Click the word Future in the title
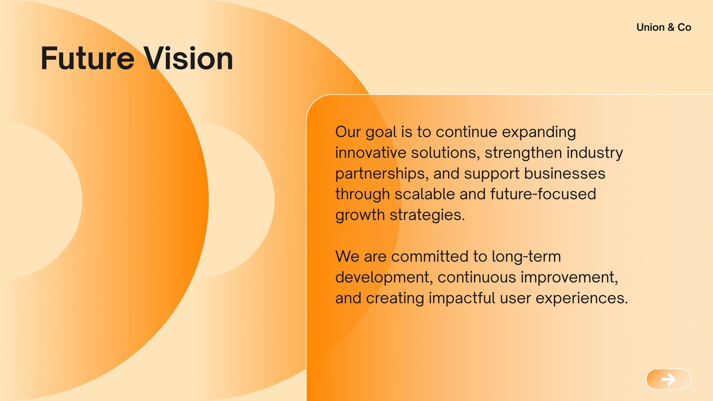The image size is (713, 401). click(x=88, y=58)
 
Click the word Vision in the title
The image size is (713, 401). click(x=188, y=58)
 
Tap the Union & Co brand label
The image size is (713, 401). click(x=664, y=27)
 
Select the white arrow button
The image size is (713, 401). click(x=668, y=379)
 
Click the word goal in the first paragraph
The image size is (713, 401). click(x=381, y=132)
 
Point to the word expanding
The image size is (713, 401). click(x=539, y=132)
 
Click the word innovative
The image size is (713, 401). click(x=370, y=152)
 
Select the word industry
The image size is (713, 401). click(x=594, y=153)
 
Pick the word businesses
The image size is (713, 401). click(x=565, y=173)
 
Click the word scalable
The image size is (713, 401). click(x=425, y=194)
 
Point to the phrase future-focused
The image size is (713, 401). click(x=543, y=194)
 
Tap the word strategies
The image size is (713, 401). click(x=427, y=215)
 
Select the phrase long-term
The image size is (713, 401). click(x=526, y=257)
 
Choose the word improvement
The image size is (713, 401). click(x=569, y=278)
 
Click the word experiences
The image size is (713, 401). click(x=582, y=298)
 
